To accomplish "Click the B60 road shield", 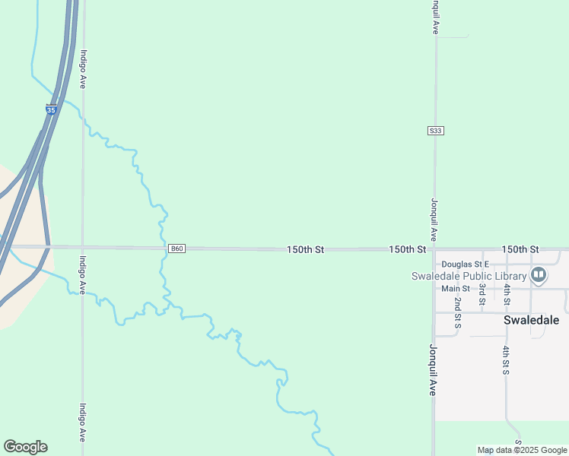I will (176, 249).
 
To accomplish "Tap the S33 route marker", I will (435, 131).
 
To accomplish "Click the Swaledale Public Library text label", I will (469, 276).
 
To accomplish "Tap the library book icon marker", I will (539, 274).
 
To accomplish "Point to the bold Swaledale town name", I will (531, 320).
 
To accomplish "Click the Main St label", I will (456, 288).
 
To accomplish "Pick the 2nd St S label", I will (458, 313).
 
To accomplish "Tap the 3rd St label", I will (482, 295).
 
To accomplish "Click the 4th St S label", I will (506, 360).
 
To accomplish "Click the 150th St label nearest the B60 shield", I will (306, 249).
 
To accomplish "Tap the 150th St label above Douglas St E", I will (520, 249).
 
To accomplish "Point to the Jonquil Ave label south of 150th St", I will (433, 370).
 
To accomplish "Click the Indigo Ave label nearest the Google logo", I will (83, 423).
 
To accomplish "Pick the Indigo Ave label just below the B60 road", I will (83, 276).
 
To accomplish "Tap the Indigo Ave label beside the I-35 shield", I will (83, 69).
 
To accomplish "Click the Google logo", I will (25, 447).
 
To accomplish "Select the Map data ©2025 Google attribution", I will (523, 451).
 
